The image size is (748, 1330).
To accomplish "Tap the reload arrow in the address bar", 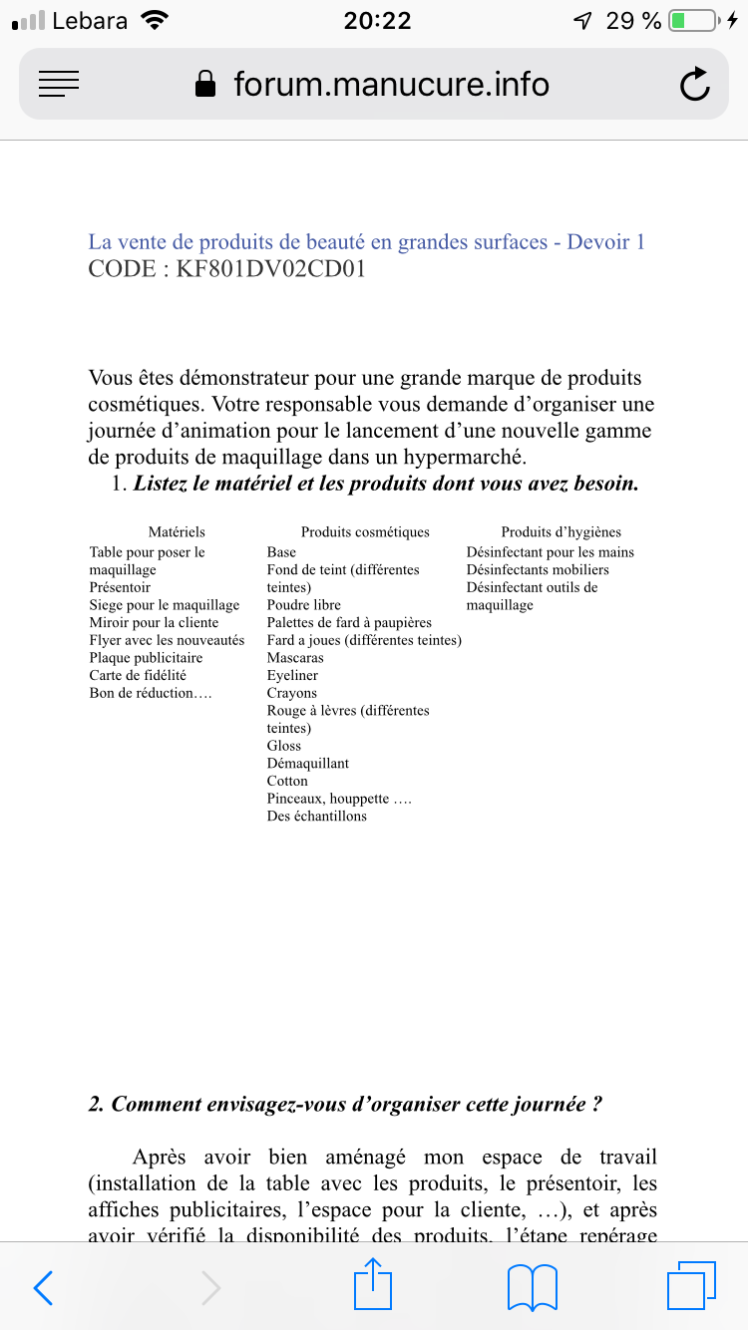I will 694,85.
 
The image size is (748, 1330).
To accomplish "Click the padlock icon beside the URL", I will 205,84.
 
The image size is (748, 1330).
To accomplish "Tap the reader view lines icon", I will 59,84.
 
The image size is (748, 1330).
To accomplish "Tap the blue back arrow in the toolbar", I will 43,1288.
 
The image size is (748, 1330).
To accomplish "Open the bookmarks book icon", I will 532,1288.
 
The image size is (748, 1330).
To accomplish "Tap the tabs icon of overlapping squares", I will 691,1286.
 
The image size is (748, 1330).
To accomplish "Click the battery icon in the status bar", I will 693,21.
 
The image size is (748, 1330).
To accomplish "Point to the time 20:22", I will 377,21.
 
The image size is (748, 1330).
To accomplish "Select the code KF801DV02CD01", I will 270,269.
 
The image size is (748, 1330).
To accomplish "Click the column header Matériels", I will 177,532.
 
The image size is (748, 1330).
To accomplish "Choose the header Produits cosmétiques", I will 365,532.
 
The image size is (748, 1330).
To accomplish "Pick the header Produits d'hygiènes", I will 561,532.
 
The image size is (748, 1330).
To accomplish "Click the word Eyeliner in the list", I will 292,676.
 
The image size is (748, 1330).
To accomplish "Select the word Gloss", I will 284,746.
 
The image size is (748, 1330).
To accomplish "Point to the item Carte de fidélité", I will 138,676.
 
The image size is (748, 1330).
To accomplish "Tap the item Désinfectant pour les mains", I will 550,552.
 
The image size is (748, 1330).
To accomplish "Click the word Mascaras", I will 295,658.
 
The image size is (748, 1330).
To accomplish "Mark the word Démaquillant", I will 308,764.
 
